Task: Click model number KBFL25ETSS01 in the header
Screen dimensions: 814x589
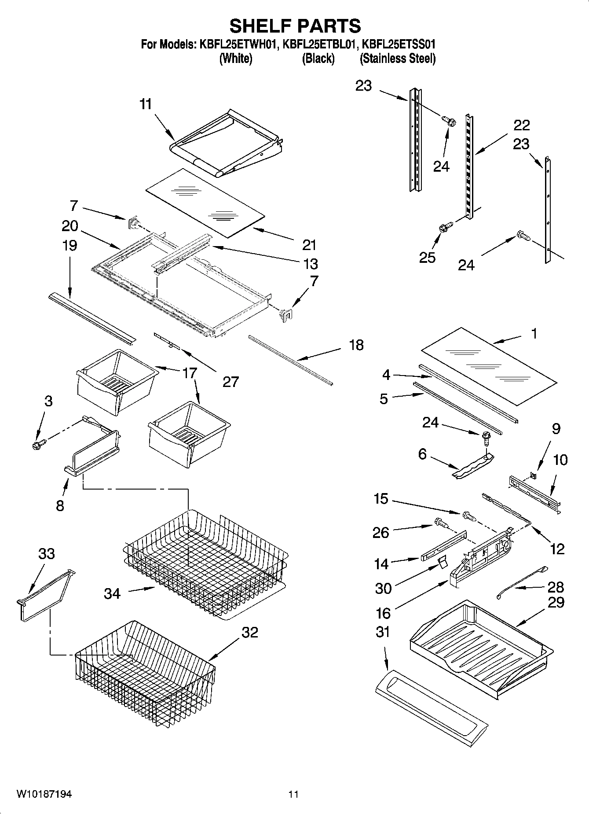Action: pos(398,44)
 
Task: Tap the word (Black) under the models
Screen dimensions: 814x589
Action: pos(318,59)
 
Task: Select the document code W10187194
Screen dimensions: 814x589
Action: pos(44,794)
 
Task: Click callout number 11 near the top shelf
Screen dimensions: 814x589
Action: pos(145,104)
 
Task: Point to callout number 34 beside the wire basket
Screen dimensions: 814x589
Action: pos(112,593)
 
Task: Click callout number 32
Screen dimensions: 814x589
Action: pos(250,632)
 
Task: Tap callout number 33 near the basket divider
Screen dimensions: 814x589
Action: pos(46,553)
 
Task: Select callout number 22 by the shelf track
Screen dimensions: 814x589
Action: pos(522,125)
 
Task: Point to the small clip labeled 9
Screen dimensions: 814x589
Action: pos(533,475)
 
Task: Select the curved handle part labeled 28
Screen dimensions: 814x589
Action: pos(521,582)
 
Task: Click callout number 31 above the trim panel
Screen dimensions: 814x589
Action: pos(383,632)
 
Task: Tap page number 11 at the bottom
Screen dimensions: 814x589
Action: pos(293,794)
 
